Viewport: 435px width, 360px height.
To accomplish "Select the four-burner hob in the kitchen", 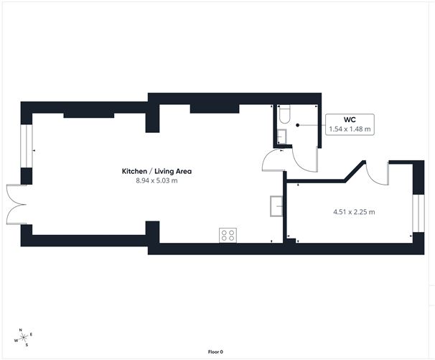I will point(228,234).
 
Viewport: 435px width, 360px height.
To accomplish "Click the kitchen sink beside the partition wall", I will point(276,205).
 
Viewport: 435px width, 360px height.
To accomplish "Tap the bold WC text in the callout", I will point(350,120).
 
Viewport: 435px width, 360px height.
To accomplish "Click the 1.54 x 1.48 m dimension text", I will point(350,129).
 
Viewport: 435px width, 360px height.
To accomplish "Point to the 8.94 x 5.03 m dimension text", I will point(156,180).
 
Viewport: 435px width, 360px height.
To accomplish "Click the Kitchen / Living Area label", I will point(156,171).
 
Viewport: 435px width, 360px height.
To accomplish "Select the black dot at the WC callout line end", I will point(299,124).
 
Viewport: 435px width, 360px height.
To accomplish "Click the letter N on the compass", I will point(21,331).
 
